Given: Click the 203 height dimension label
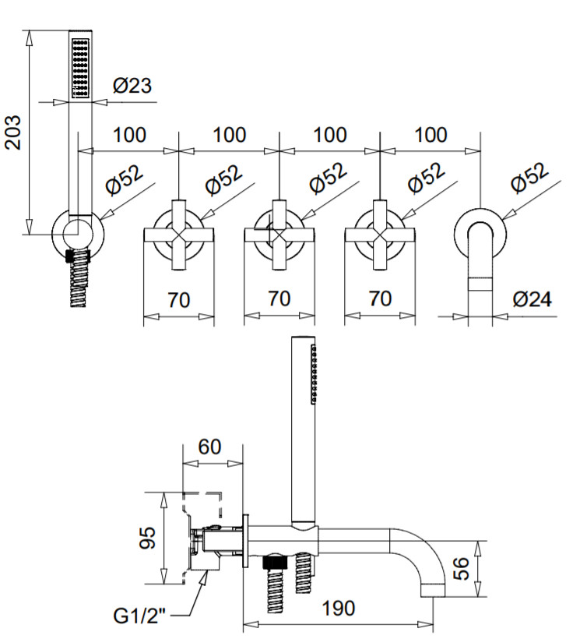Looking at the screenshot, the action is [13, 132].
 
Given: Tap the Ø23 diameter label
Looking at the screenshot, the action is [132, 85].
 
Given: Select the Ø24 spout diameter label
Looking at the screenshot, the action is [532, 299].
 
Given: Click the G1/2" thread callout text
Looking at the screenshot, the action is [139, 616].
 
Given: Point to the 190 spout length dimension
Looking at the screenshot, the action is [339, 609].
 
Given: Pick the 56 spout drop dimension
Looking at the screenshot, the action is [461, 569].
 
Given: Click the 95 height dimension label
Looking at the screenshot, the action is [148, 538].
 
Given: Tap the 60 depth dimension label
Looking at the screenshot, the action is [209, 447].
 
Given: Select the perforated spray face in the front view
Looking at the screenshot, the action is [81, 68].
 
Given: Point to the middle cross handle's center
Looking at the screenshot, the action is [279, 235].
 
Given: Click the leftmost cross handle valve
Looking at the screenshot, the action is [179, 235].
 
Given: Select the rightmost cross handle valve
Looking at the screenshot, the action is [380, 235].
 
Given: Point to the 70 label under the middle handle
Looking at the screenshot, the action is [279, 298].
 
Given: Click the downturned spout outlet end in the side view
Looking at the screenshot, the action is [433, 590].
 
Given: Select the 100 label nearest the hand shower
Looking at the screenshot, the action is [129, 135].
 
